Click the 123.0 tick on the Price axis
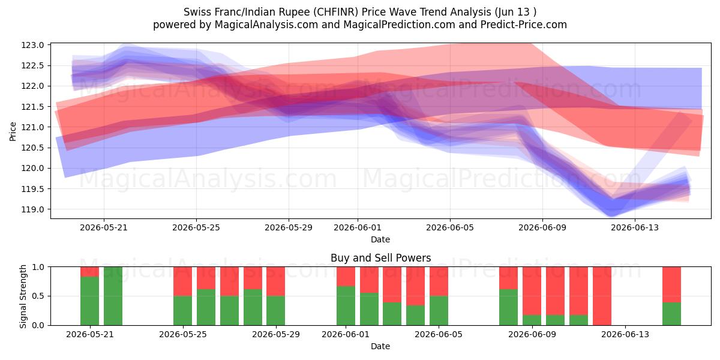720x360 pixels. coord(32,45)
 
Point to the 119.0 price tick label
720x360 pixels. coord(32,209)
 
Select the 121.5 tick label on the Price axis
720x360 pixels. coord(32,107)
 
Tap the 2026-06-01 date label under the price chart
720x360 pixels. coord(358,227)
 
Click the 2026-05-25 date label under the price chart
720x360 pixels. coord(196,227)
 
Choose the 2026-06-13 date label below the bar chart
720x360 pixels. coord(625,334)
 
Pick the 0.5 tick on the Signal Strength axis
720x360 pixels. coord(38,296)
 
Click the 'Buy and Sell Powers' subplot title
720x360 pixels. coord(380,258)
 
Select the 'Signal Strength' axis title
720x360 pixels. coord(23,296)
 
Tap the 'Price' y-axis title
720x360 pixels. coord(13,131)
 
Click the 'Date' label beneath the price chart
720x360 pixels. coord(380,239)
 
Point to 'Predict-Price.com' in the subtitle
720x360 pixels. coord(524,25)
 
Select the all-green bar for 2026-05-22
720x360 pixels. coord(113,296)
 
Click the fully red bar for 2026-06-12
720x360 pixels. coord(602,296)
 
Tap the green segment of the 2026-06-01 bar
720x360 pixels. coord(346,305)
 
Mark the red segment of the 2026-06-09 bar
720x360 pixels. coord(532,291)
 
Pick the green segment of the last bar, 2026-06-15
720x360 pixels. coord(672,314)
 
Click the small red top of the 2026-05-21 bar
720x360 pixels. coord(89,272)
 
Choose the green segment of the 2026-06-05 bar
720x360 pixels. coord(439,311)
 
